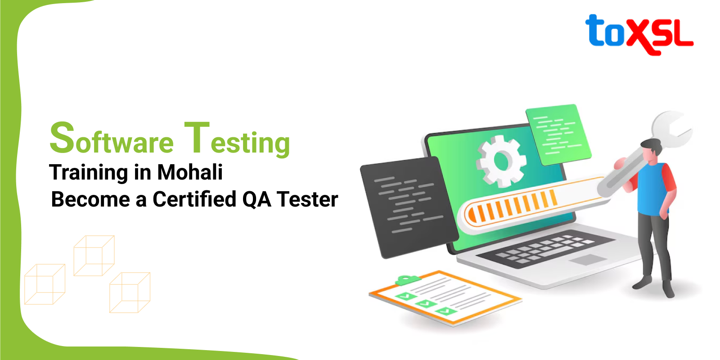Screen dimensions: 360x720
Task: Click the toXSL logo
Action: [639, 34]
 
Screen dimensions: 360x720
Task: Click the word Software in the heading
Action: [112, 139]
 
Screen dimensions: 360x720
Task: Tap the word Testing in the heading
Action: [237, 139]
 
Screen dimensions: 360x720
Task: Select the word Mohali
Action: [190, 172]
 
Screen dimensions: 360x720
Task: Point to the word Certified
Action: [194, 199]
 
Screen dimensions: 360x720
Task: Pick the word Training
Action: [89, 173]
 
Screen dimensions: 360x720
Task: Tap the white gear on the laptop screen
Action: [501, 161]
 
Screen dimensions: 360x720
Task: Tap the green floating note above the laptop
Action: [558, 134]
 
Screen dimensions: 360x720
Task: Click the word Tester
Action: [307, 200]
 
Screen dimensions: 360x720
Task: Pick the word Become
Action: [90, 200]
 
